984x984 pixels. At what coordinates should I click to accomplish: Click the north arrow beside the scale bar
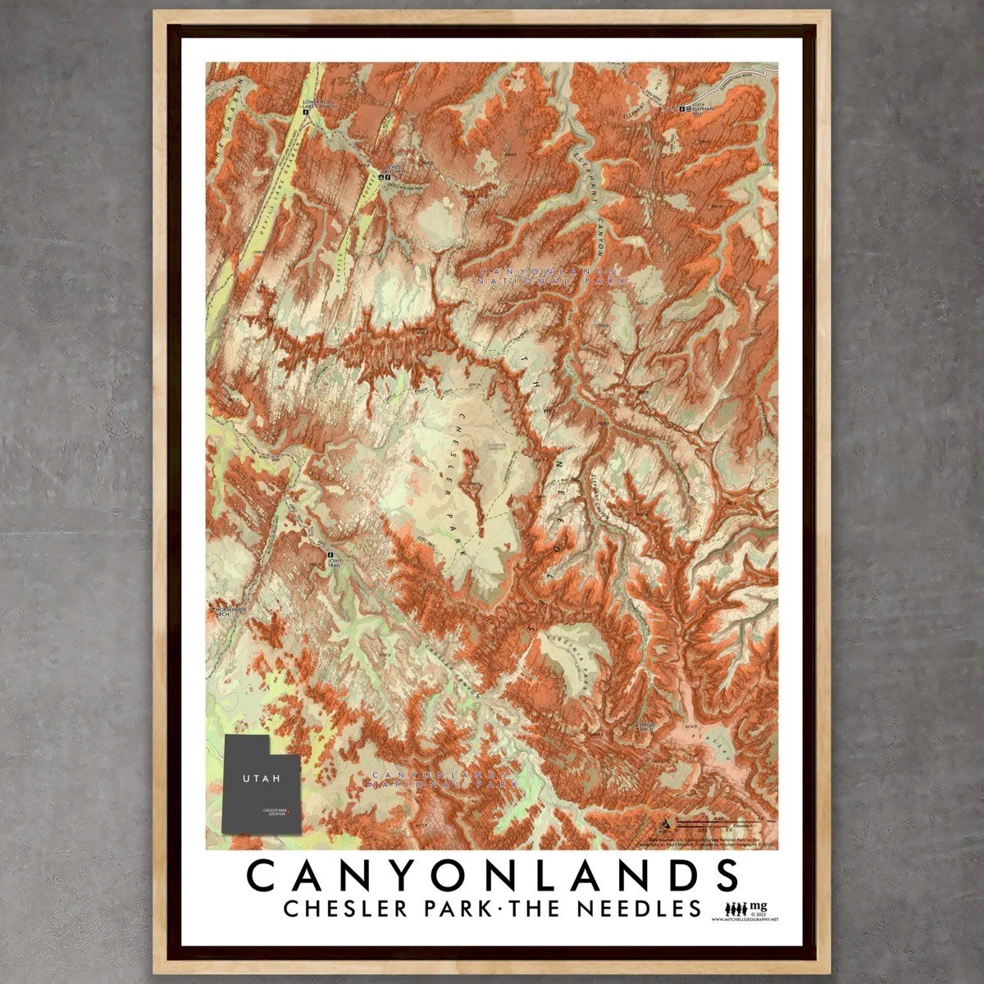(667, 821)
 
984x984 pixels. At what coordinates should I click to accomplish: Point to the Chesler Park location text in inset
(275, 812)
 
